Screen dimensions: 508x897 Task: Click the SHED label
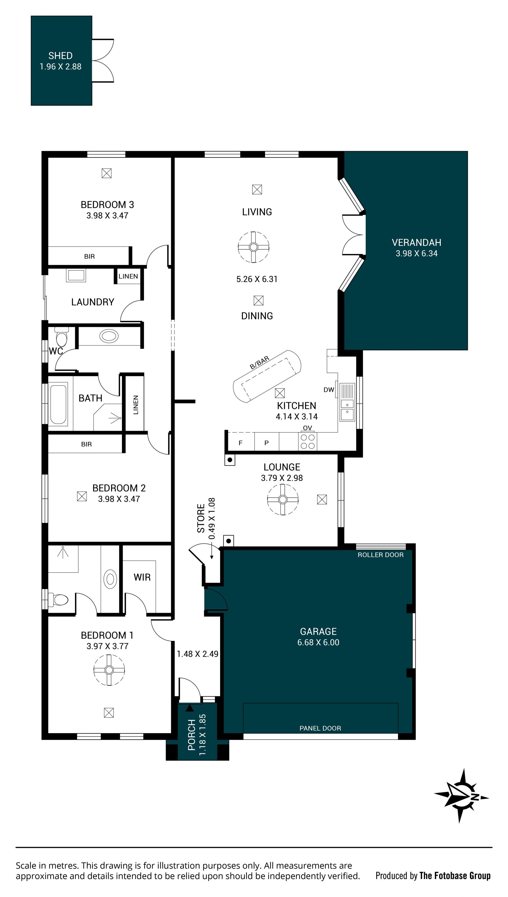pyautogui.click(x=60, y=56)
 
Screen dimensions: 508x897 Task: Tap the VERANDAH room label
pyautogui.click(x=416, y=242)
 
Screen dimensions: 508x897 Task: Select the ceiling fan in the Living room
pyautogui.click(x=254, y=247)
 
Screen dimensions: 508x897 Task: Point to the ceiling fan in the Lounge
pyautogui.click(x=283, y=499)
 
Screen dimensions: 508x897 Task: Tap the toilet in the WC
pyautogui.click(x=61, y=337)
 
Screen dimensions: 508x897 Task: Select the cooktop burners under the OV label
pyautogui.click(x=308, y=441)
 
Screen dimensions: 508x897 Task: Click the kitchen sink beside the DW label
pyautogui.click(x=347, y=402)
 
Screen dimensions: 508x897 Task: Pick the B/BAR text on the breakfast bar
pyautogui.click(x=260, y=363)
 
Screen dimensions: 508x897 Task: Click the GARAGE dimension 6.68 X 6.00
pyautogui.click(x=318, y=642)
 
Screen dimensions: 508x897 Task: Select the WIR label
pyautogui.click(x=142, y=577)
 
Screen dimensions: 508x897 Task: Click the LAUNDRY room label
pyautogui.click(x=93, y=302)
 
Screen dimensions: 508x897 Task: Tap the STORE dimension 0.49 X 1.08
pyautogui.click(x=212, y=518)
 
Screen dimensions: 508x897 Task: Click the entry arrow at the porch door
pyautogui.click(x=189, y=708)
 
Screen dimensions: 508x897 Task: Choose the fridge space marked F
pyautogui.click(x=241, y=443)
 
